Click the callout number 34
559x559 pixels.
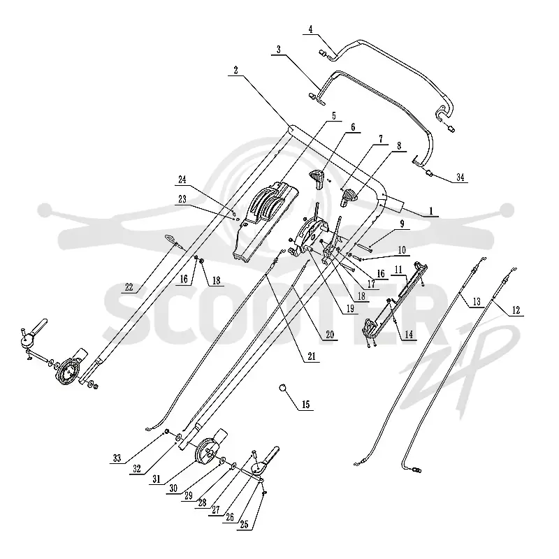[460, 177]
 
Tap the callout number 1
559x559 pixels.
[431, 211]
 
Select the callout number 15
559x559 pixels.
[305, 405]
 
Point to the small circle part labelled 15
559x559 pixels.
[283, 388]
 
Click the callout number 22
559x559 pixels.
[129, 287]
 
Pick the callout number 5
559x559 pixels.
[334, 116]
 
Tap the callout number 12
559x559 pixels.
[516, 310]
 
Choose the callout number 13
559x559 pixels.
[477, 302]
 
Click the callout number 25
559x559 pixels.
[244, 525]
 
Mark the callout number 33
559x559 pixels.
[117, 458]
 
